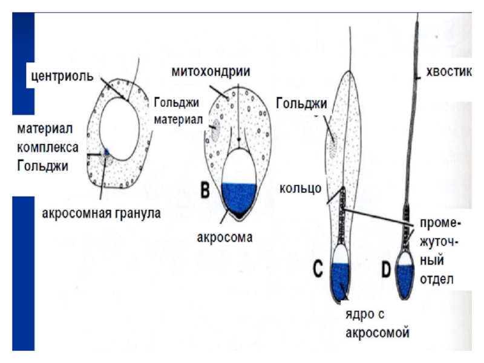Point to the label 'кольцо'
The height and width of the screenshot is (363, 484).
pos(300,190)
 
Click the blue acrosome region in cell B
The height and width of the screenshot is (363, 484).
pos(240,197)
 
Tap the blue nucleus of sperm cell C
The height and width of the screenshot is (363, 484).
pos(341,280)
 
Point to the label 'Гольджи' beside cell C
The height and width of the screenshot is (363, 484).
pos(301,103)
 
